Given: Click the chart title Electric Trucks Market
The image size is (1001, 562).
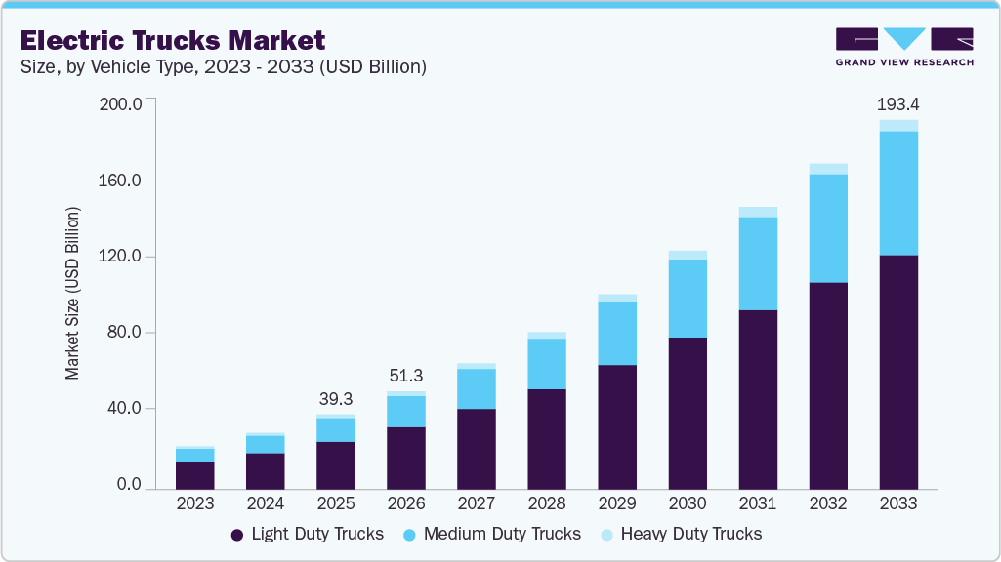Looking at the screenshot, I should (x=173, y=40).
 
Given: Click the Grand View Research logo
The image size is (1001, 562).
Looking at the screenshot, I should (x=904, y=47).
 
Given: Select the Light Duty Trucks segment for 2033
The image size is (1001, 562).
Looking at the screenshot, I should (x=898, y=371).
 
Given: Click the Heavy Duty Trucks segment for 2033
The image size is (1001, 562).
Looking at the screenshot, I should (x=898, y=126).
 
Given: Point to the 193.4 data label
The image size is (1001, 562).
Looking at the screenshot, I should (x=898, y=103).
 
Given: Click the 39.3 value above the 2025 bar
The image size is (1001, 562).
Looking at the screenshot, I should (x=336, y=399).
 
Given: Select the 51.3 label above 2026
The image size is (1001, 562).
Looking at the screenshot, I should (x=406, y=376).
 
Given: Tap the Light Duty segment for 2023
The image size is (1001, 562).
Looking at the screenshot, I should (x=195, y=475).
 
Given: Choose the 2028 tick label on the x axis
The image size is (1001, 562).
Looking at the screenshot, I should (x=547, y=504).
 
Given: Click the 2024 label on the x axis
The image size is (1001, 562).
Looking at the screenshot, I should (x=266, y=504).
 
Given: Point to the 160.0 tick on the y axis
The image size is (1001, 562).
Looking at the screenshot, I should (x=121, y=181).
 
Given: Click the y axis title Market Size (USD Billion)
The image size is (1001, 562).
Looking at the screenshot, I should (x=72, y=293).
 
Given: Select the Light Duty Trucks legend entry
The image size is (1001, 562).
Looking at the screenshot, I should (x=308, y=534).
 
